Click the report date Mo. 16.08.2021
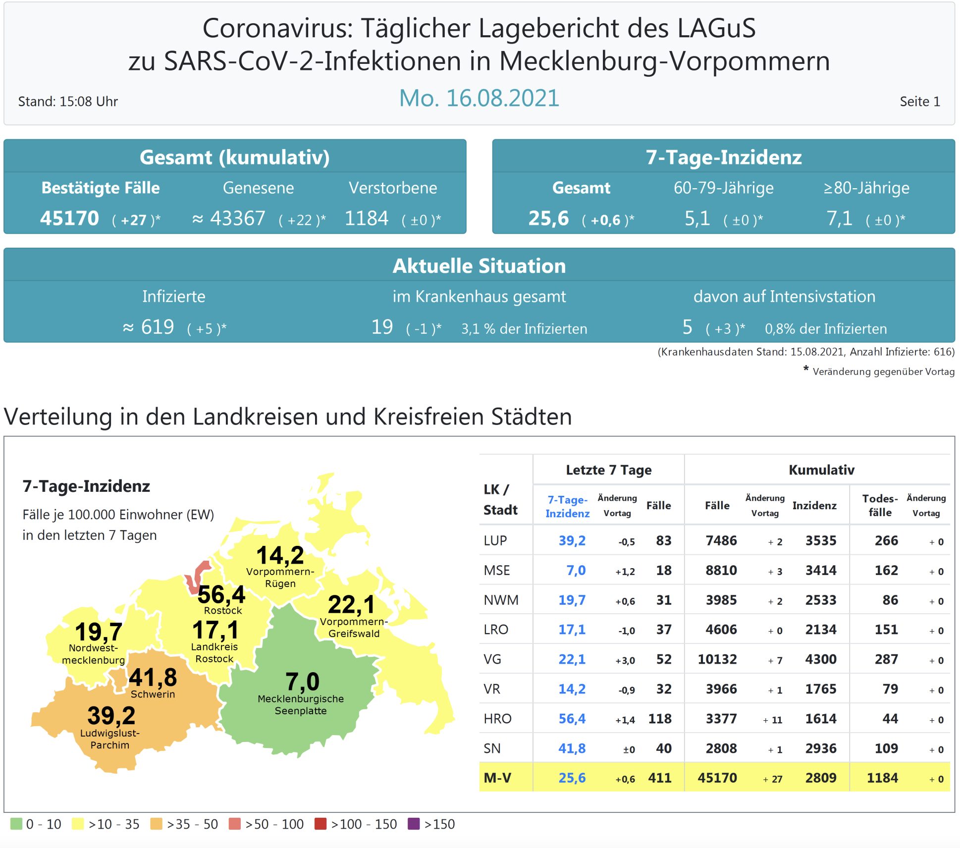[479, 98]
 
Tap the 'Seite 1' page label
[919, 102]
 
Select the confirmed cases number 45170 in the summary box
[69, 218]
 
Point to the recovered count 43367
[238, 218]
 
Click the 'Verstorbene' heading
[393, 188]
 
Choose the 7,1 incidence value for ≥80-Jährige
[839, 218]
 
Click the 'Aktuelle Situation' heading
[479, 266]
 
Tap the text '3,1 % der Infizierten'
[524, 329]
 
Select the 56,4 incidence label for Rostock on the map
[221, 594]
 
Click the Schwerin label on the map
[153, 694]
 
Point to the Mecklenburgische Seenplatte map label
[301, 704]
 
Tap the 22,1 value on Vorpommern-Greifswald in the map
[351, 604]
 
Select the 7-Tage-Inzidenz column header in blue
[567, 506]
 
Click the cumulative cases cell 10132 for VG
[717, 659]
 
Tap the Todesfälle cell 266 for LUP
[886, 540]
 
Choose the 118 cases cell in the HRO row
[660, 719]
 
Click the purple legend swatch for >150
[413, 824]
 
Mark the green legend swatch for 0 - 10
[16, 824]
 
